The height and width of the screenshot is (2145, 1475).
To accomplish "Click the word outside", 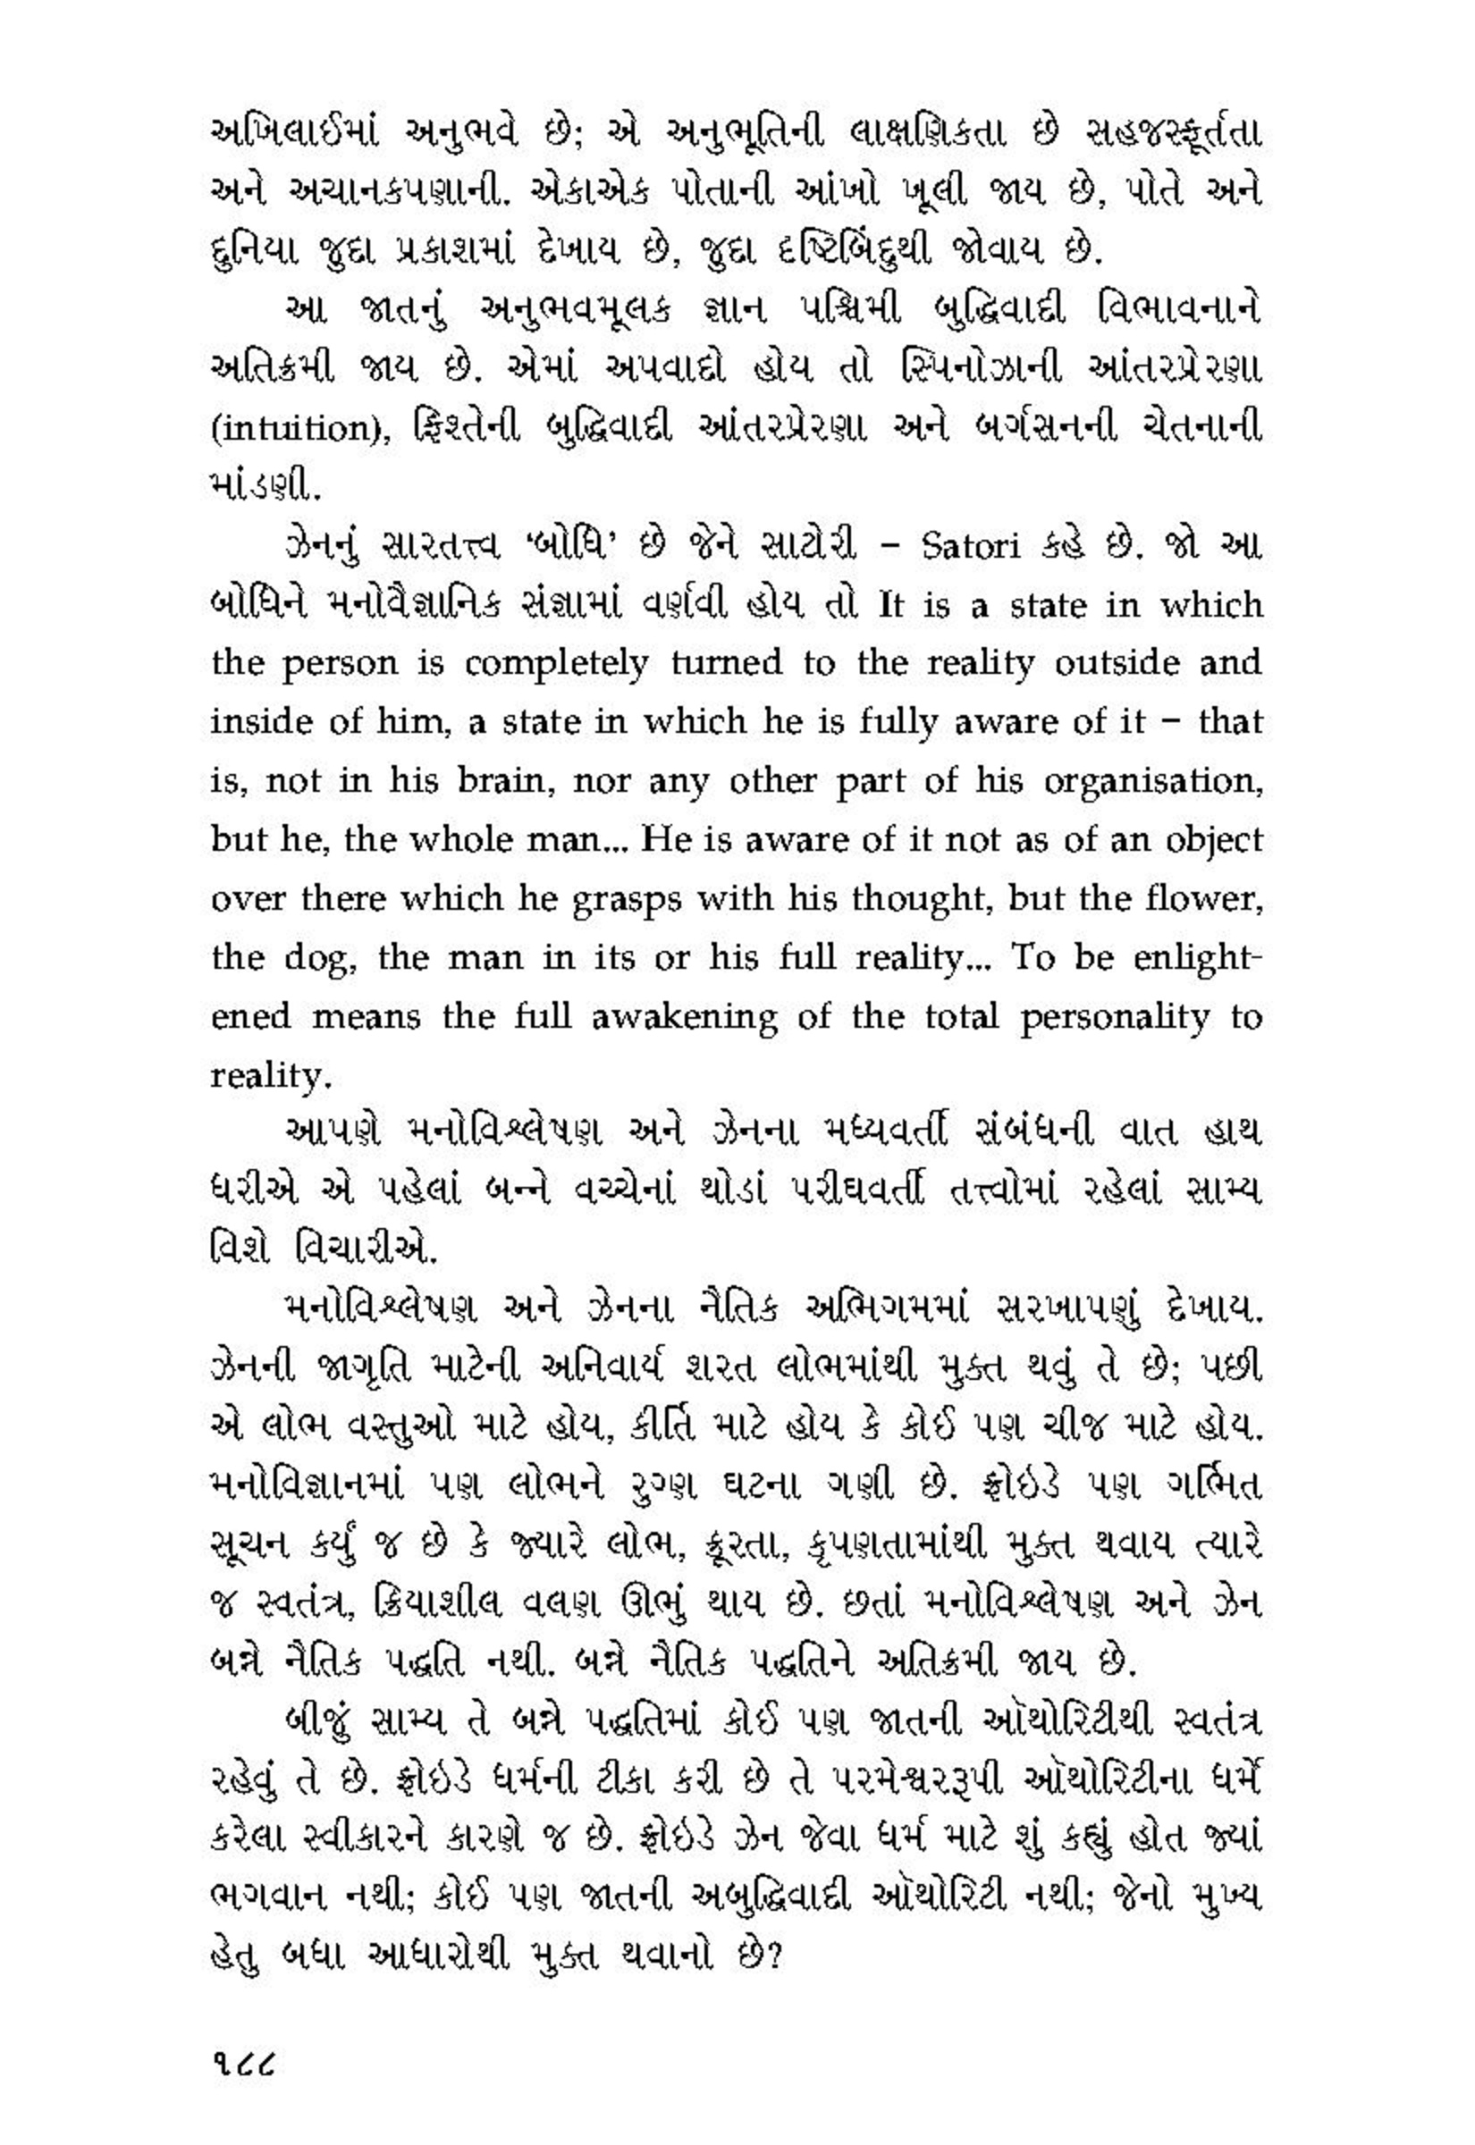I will pos(1117,663).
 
